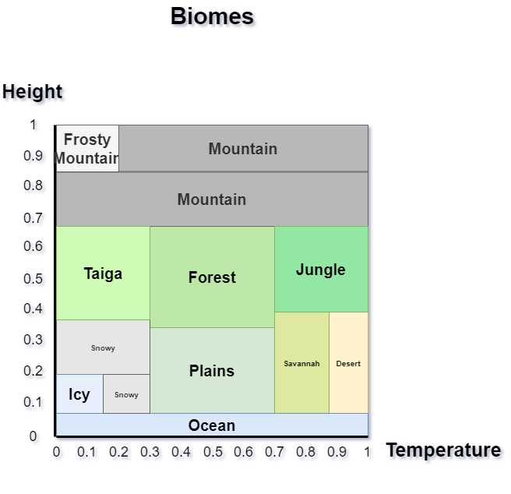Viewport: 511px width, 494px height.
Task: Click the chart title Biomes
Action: [212, 16]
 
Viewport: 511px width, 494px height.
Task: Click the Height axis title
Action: [32, 92]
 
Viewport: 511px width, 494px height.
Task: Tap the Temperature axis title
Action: [443, 450]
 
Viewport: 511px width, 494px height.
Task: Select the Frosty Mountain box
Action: [87, 148]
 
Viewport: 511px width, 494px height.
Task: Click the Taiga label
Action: [103, 273]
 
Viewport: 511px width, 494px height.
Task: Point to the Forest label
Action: [212, 277]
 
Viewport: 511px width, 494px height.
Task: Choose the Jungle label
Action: [321, 270]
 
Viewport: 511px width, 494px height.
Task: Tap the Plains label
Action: [212, 371]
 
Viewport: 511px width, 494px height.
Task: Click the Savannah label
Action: [301, 364]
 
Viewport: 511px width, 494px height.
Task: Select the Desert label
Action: [348, 364]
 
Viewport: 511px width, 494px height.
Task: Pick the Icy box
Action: [79, 394]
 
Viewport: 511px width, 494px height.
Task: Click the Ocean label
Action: [212, 425]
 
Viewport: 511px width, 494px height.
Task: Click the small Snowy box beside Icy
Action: [126, 394]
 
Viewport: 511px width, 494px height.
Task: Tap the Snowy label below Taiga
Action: [103, 348]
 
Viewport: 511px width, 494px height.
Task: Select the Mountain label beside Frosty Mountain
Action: [243, 149]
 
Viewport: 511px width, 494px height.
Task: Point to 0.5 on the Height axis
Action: [33, 279]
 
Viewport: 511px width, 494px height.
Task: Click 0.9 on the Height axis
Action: [33, 156]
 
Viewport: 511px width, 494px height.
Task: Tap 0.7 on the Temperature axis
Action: [274, 452]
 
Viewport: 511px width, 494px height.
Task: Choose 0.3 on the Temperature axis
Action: [150, 452]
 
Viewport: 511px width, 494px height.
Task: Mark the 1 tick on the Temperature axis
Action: [368, 452]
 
